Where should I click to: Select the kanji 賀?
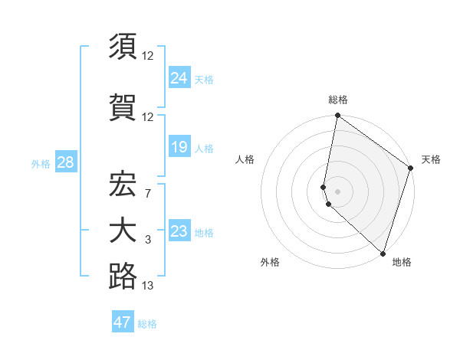click(123, 105)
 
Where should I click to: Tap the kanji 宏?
click(123, 183)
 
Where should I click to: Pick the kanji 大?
click(123, 231)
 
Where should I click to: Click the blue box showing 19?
click(179, 146)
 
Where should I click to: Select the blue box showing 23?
click(179, 231)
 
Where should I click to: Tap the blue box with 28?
click(65, 162)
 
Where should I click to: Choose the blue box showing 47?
click(123, 322)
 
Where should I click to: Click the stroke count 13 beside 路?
click(148, 286)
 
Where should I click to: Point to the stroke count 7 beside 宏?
click(148, 193)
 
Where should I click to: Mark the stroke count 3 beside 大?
click(148, 241)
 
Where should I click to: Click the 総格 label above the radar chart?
click(338, 100)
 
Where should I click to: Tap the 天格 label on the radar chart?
click(431, 159)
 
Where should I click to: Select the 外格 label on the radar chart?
click(270, 262)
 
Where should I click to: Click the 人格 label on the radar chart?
click(245, 159)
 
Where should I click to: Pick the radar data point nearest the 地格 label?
click(383, 254)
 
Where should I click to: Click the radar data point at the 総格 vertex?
click(338, 116)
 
